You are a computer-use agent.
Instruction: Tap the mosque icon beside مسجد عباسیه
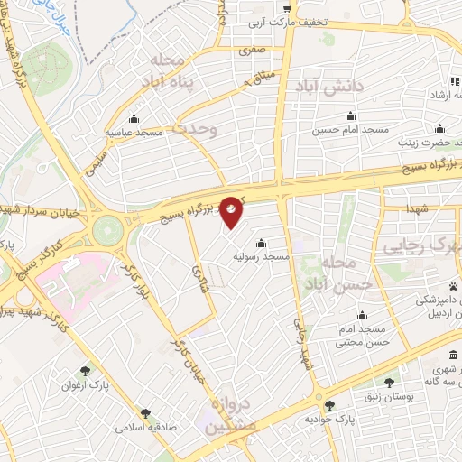tap(134, 117)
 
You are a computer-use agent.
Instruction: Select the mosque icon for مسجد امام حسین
tap(351, 115)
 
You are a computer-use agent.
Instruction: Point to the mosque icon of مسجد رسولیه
tap(261, 242)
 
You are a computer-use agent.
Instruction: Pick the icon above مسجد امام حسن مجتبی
tap(362, 315)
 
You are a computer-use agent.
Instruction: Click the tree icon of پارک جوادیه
tap(329, 405)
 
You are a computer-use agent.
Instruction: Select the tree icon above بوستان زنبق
tap(389, 383)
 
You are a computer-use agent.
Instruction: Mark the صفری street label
tap(250, 52)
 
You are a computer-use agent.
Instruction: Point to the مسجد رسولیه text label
tap(262, 257)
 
